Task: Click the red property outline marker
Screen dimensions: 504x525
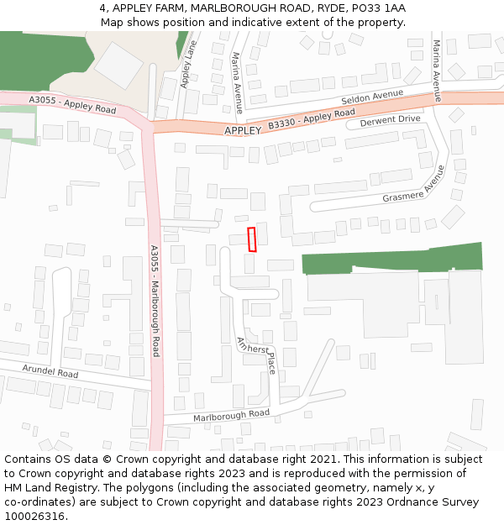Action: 252,239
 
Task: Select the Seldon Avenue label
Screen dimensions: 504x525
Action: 372,97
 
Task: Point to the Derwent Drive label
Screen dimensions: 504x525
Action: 390,120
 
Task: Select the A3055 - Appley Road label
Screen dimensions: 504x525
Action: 72,104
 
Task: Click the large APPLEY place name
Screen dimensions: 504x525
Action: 243,131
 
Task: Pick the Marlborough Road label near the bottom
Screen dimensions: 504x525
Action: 231,414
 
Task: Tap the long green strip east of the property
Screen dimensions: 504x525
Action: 391,258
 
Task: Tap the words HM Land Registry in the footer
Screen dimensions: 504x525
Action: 45,487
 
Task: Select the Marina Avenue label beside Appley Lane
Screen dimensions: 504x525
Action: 238,81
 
